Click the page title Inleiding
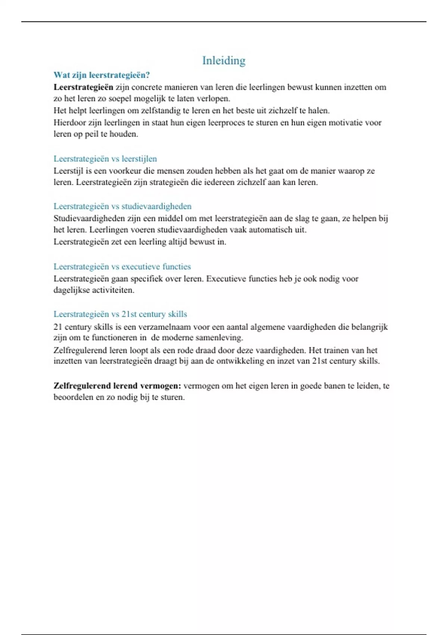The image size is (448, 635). [224, 61]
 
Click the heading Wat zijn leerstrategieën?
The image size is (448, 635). [102, 75]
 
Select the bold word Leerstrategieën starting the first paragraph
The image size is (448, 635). [83, 87]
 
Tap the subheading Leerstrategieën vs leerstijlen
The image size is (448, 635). [105, 159]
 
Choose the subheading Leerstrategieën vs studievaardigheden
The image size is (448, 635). [122, 206]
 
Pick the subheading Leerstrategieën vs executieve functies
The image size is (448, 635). [122, 266]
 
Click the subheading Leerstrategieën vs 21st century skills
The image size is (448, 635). [120, 314]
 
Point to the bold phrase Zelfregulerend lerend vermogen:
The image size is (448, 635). [117, 386]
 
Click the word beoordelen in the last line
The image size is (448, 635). [74, 397]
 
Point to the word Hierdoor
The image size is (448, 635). [69, 123]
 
